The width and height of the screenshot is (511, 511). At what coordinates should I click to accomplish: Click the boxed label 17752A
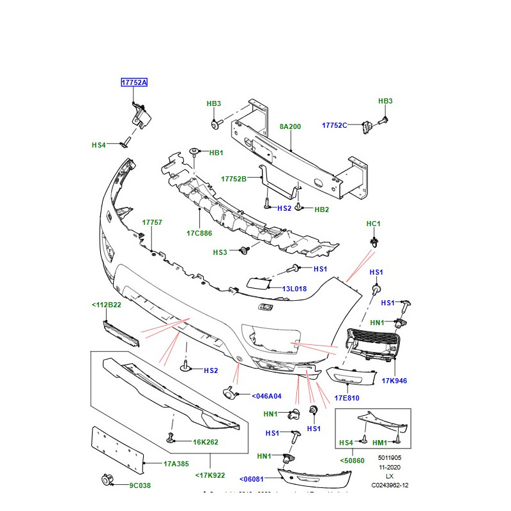135,83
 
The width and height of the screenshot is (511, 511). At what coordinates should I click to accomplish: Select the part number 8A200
290,126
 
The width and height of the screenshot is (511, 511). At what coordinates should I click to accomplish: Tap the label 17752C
335,125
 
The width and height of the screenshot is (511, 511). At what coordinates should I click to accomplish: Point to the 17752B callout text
234,179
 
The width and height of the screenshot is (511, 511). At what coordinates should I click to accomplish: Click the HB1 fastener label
216,153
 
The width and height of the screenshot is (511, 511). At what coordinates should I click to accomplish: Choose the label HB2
321,209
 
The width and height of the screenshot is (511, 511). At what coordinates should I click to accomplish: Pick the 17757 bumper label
152,222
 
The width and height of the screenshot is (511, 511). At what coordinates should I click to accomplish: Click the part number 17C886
199,233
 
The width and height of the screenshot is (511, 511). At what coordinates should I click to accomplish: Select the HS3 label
220,252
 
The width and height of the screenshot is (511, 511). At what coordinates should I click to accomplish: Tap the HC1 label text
373,224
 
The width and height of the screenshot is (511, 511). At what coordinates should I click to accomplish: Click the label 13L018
294,289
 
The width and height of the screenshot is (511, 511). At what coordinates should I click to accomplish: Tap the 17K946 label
395,381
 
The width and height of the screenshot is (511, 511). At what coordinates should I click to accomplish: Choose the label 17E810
347,398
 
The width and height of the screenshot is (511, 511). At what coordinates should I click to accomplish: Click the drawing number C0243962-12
390,485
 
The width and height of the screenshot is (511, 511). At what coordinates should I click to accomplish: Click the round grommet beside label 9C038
107,480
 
